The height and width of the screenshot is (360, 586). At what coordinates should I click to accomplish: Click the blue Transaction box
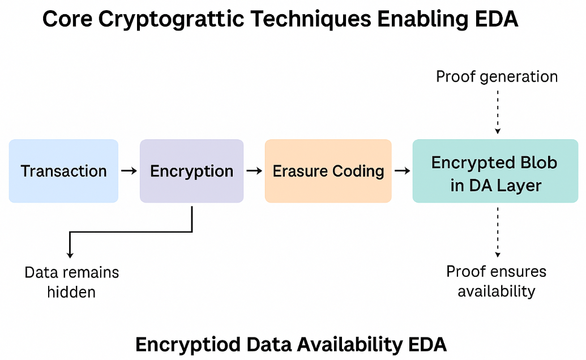click(63, 171)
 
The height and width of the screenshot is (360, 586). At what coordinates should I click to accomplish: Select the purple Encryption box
click(191, 171)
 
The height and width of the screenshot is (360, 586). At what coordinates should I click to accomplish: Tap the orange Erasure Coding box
click(328, 171)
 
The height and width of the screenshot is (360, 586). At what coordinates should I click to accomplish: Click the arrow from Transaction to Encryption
click(129, 171)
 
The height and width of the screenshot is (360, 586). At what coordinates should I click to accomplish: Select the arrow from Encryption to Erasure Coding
click(254, 171)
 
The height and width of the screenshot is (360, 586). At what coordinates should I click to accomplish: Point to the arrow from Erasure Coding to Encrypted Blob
click(402, 171)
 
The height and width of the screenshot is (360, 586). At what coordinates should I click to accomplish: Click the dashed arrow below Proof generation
click(498, 111)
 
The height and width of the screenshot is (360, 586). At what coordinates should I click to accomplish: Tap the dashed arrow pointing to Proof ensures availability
click(498, 232)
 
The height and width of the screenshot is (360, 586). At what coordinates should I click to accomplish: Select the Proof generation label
click(497, 76)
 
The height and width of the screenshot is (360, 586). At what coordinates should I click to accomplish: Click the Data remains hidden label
click(72, 282)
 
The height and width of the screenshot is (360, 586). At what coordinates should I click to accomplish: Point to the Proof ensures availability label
click(497, 281)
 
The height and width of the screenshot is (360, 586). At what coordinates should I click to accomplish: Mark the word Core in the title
click(67, 20)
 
